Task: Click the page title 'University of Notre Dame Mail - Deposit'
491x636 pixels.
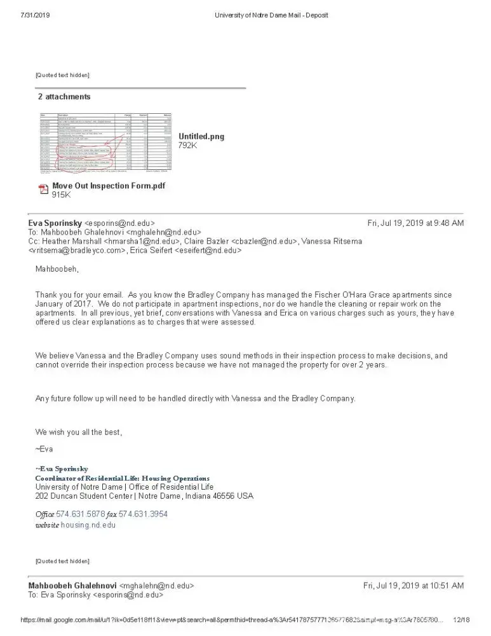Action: tap(272, 15)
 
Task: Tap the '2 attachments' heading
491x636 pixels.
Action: tap(64, 97)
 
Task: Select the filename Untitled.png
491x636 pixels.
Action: tap(201, 137)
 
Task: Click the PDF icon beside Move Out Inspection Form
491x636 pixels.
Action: tap(44, 189)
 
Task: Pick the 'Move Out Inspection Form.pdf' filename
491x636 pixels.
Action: tap(108, 186)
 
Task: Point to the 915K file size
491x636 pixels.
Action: tap(62, 195)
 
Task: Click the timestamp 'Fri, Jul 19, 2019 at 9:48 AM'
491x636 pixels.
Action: tap(415, 223)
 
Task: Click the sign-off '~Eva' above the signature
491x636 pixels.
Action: tap(44, 449)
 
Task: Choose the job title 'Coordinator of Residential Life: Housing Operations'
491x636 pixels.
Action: tap(122, 478)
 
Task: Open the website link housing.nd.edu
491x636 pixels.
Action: tap(88, 525)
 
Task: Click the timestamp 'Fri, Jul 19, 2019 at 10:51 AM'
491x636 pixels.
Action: tap(413, 586)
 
